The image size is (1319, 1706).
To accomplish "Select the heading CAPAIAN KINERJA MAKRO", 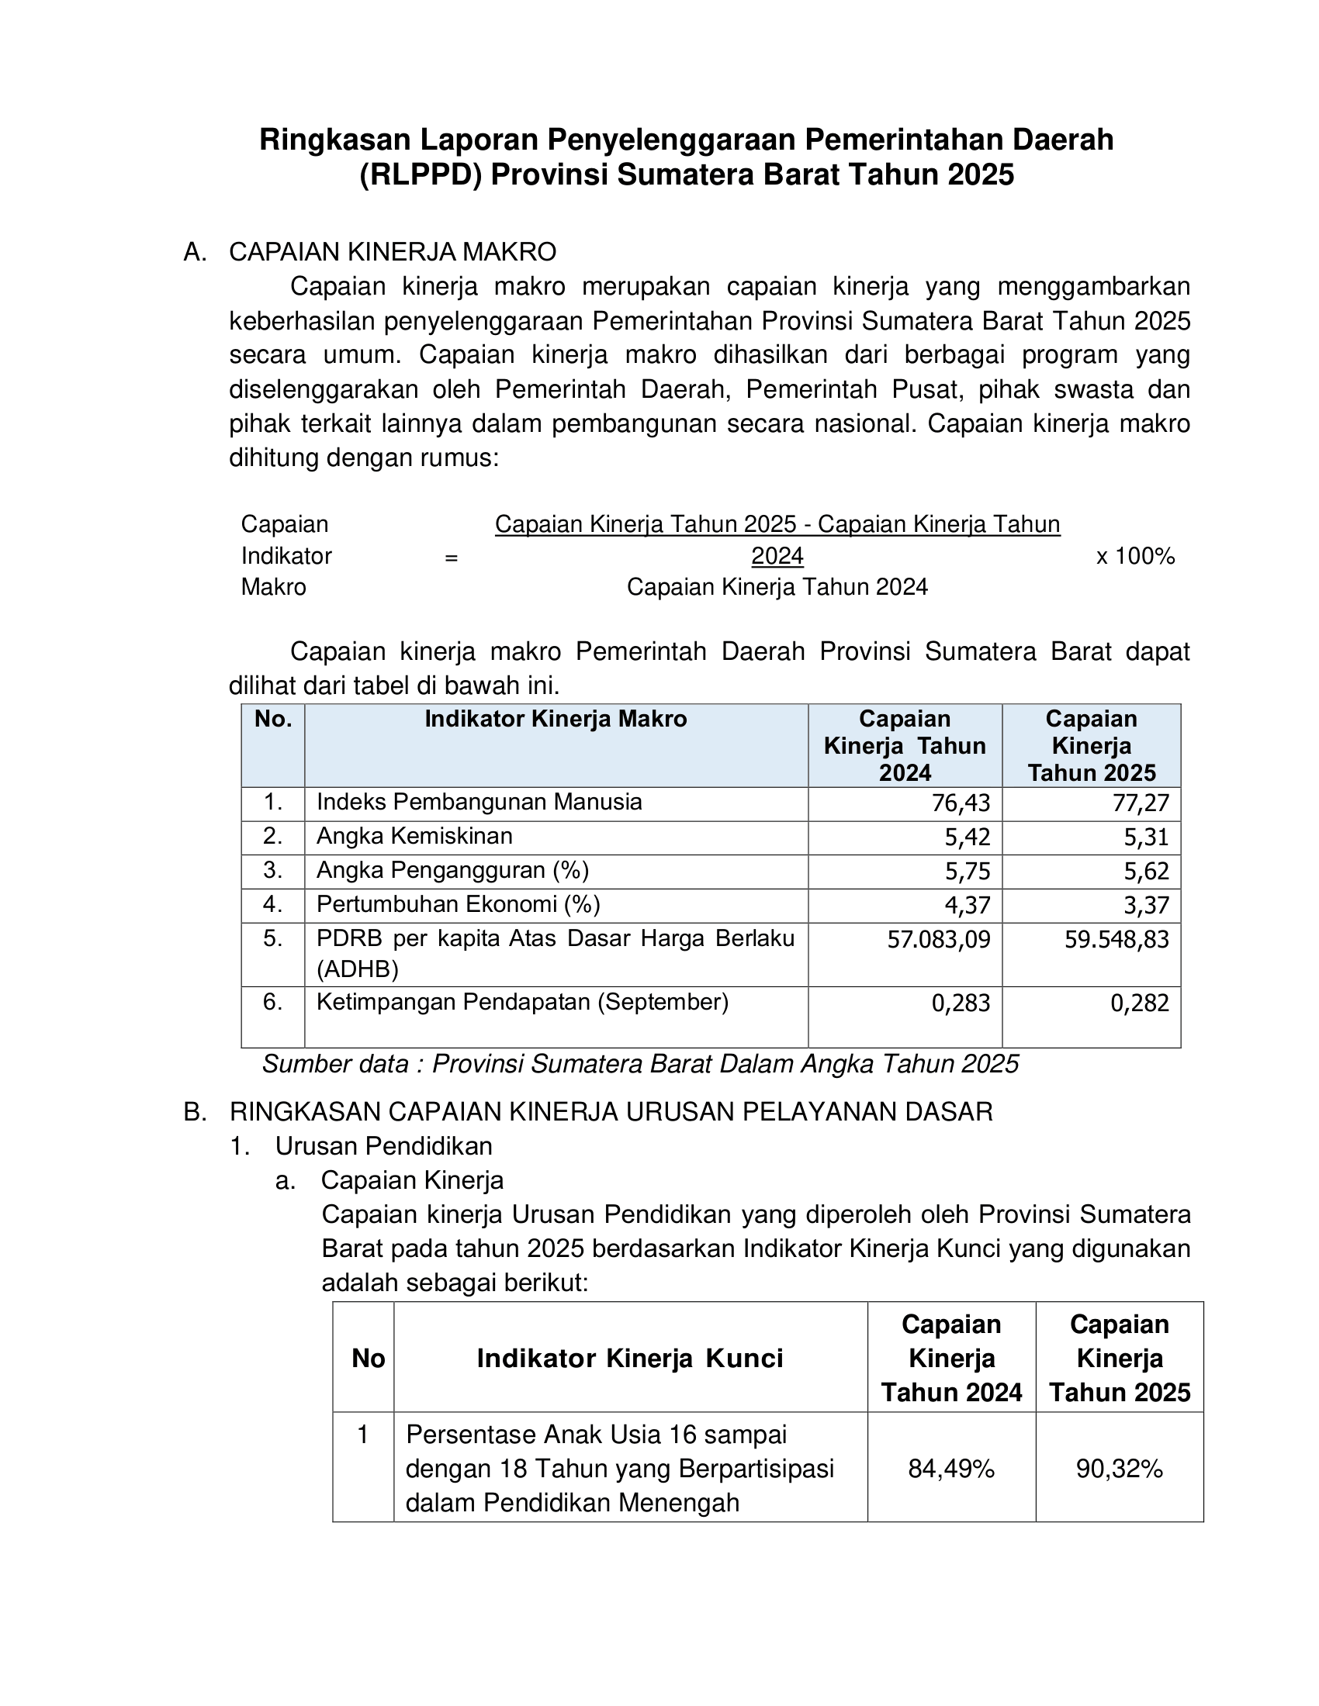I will [393, 252].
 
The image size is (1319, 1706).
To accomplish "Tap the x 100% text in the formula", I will [1135, 556].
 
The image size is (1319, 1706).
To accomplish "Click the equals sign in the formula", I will [451, 558].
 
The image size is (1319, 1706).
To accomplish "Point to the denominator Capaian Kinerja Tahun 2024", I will [777, 587].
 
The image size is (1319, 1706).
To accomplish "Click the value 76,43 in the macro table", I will [961, 803].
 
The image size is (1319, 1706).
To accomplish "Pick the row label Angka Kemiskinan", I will [414, 836].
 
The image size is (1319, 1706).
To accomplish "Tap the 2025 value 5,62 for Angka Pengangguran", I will [1146, 871].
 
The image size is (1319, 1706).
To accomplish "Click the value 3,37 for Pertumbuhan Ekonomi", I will [1146, 905].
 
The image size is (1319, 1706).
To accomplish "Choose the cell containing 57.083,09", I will [939, 939].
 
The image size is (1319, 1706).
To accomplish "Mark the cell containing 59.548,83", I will [1116, 939].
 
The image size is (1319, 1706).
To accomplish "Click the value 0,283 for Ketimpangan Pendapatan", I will [961, 1002].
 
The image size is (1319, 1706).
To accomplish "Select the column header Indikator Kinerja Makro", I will [556, 719].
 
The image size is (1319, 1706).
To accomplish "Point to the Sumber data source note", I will [640, 1064].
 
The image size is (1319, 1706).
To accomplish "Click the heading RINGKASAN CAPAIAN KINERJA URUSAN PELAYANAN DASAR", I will [611, 1111].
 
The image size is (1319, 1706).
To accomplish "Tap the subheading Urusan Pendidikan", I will [383, 1146].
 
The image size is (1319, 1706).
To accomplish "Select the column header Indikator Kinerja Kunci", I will [630, 1359].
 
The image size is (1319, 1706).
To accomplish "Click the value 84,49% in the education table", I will [951, 1469].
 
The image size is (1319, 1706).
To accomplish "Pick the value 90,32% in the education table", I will [1119, 1469].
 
